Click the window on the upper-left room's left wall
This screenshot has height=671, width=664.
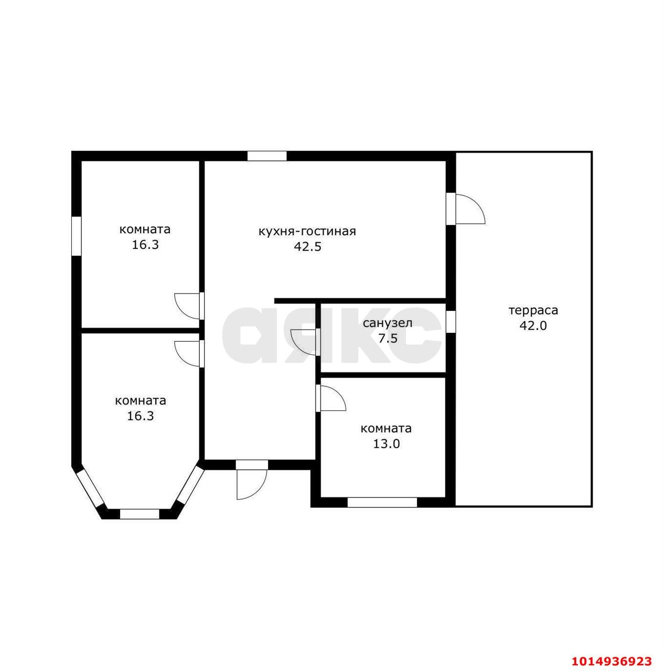point(76,236)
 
